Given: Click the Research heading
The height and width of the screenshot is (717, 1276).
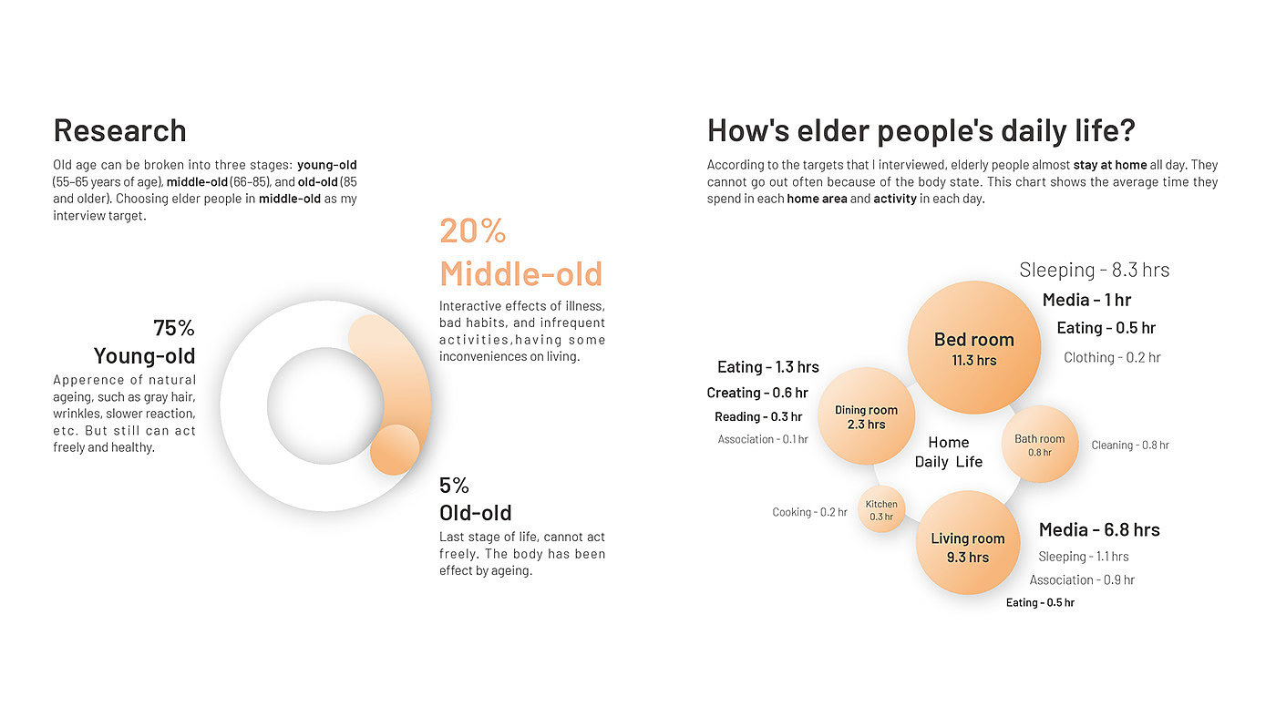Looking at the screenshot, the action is pyautogui.click(x=119, y=130).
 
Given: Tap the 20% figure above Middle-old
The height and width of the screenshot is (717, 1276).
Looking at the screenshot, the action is pyautogui.click(x=473, y=231).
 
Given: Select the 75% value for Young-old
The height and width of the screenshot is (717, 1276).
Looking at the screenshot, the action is pyautogui.click(x=174, y=328).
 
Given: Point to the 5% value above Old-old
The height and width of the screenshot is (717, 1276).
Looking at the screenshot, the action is pyautogui.click(x=454, y=486).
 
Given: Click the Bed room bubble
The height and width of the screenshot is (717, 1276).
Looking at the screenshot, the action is pyautogui.click(x=974, y=347).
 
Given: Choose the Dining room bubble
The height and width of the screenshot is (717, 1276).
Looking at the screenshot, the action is pyautogui.click(x=867, y=415).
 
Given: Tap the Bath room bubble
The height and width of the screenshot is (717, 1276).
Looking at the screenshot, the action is pyautogui.click(x=1040, y=445).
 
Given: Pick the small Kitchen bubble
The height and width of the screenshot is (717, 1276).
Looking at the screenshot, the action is pyautogui.click(x=881, y=509).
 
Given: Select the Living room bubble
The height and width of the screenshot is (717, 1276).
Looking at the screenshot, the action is pyautogui.click(x=968, y=543).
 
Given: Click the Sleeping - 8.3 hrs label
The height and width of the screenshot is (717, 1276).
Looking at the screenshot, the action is pyautogui.click(x=1095, y=270).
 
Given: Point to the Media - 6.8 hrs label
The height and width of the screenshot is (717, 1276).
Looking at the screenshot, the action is pyautogui.click(x=1099, y=530).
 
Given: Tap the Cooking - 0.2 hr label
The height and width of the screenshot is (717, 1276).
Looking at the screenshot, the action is pyautogui.click(x=809, y=512).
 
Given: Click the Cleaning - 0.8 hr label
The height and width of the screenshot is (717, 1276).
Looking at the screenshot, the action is pyautogui.click(x=1130, y=446).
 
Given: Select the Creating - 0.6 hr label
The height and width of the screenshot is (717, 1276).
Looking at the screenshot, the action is pyautogui.click(x=757, y=393).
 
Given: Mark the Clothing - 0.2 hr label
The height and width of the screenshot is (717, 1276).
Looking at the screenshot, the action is pyautogui.click(x=1112, y=358).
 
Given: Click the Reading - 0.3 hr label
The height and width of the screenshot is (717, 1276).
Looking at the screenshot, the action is pyautogui.click(x=758, y=417).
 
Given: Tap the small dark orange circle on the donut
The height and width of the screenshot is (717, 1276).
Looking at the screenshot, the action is pyautogui.click(x=395, y=450).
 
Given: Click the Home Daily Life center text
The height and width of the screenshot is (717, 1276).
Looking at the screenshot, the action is pyautogui.click(x=949, y=452).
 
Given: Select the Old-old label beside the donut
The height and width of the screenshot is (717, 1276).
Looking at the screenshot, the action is pyautogui.click(x=475, y=513).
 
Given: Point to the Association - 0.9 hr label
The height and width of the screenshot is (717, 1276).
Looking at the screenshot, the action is pyautogui.click(x=1082, y=580).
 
